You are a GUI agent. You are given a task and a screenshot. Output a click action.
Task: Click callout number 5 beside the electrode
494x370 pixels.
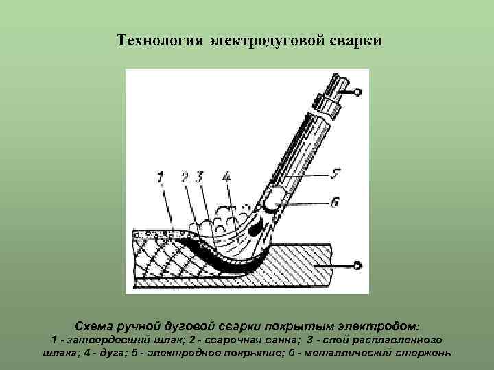pyautogui.click(x=334, y=175)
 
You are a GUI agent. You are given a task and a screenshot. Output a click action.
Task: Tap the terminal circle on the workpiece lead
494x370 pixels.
pyautogui.click(x=356, y=265)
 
